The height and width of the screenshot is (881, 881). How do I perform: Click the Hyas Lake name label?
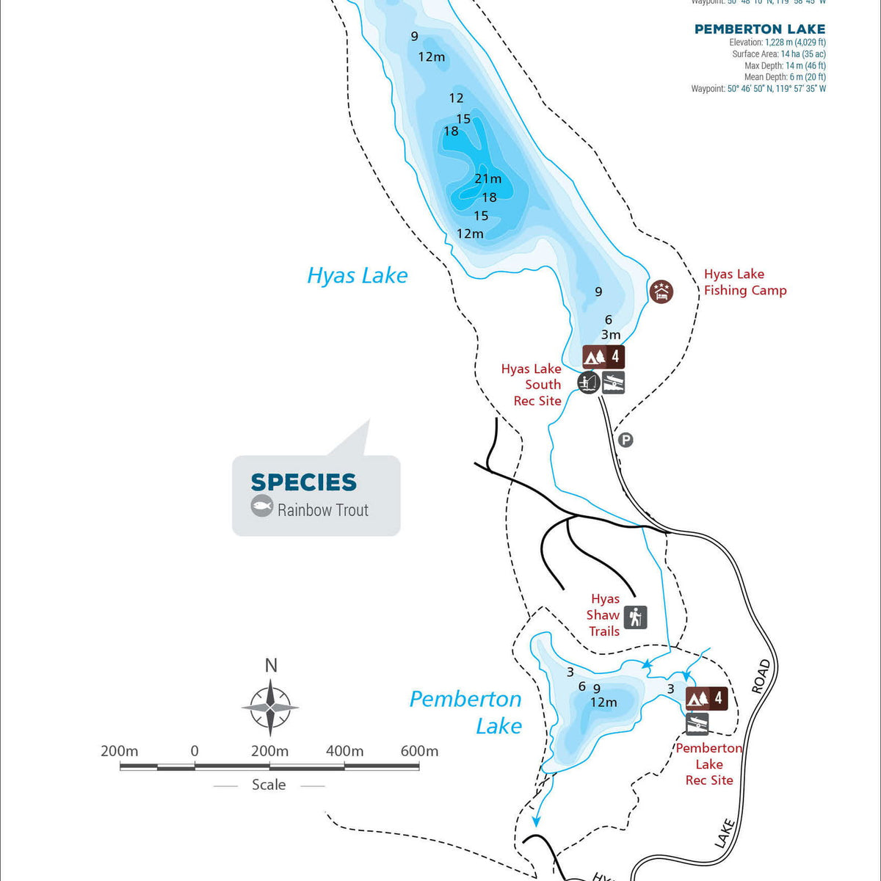[x=357, y=275]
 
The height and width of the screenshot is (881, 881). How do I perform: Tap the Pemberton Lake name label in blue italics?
[x=465, y=712]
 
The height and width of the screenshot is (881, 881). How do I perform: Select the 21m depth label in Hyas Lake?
[x=487, y=178]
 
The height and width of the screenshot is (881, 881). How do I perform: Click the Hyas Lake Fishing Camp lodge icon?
[x=661, y=291]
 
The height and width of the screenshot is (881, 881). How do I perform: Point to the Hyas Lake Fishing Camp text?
[x=744, y=282]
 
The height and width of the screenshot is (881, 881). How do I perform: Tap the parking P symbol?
[x=626, y=440]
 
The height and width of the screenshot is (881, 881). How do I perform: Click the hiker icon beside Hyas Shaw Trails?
[x=636, y=617]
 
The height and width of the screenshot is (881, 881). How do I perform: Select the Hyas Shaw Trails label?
[x=604, y=615]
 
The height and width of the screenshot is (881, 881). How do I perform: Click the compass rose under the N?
[x=270, y=708]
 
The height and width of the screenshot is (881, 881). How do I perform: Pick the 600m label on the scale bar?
[x=419, y=751]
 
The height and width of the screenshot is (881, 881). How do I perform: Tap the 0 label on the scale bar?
[x=195, y=751]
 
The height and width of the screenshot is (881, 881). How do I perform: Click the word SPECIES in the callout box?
[x=303, y=482]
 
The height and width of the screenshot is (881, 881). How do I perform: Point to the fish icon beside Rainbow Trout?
[x=262, y=506]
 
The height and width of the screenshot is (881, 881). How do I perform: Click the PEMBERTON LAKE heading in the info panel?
[x=760, y=29]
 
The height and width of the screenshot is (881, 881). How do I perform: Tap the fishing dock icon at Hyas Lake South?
[x=588, y=383]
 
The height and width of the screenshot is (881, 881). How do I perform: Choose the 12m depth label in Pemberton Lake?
[x=603, y=703]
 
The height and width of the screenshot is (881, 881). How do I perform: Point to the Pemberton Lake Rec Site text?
[x=709, y=764]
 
